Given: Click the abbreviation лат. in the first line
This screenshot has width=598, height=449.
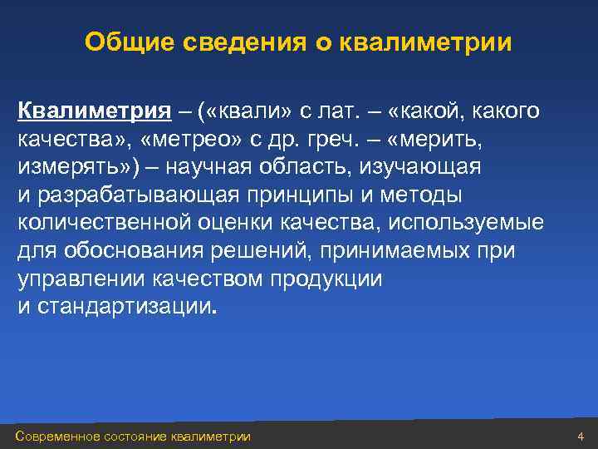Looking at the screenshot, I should [331, 111].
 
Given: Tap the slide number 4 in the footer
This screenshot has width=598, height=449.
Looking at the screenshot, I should [581, 437].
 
